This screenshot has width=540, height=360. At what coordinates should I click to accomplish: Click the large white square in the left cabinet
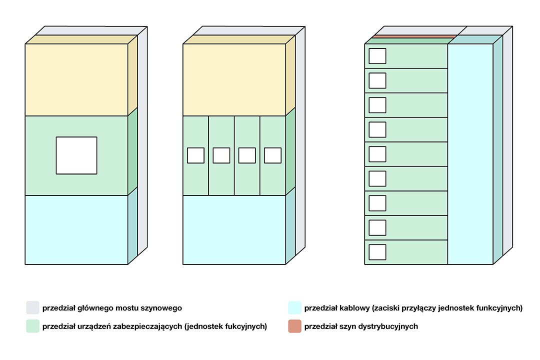(x=76, y=155)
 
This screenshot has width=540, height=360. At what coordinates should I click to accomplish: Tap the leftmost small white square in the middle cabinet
(x=195, y=155)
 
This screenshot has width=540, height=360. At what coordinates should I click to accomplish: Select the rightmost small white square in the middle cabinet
(x=272, y=155)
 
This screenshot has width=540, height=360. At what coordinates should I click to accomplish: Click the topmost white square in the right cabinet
(x=377, y=56)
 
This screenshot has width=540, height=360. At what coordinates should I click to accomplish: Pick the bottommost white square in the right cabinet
(x=377, y=252)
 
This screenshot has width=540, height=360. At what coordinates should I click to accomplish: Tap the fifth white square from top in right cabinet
(x=377, y=154)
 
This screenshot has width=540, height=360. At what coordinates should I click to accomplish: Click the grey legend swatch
(x=32, y=307)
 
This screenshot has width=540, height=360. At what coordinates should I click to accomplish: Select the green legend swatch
(x=32, y=326)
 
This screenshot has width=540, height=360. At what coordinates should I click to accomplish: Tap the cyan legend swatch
(x=294, y=307)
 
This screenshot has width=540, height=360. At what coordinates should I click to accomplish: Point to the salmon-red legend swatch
(x=294, y=326)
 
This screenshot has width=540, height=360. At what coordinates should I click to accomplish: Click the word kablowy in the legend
(x=352, y=308)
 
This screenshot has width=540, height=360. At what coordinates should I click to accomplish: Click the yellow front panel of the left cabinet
(x=76, y=80)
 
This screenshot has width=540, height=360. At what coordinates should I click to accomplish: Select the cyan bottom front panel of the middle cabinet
(x=234, y=229)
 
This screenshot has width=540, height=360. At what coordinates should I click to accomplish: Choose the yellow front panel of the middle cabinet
(x=234, y=80)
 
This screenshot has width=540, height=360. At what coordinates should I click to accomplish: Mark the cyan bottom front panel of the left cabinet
(x=76, y=229)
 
